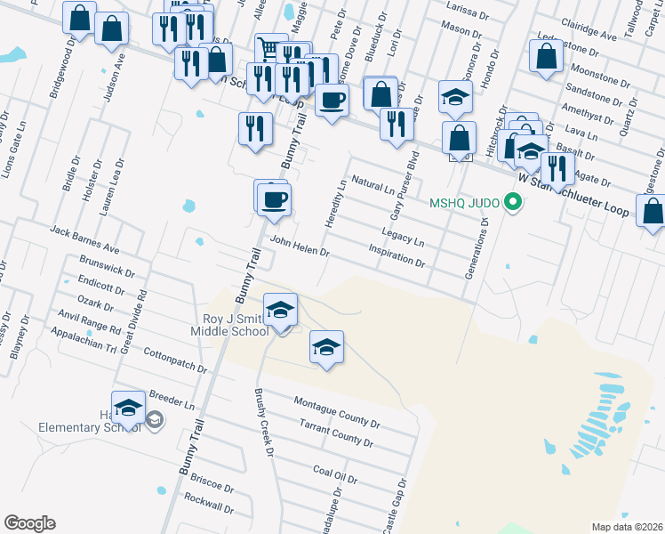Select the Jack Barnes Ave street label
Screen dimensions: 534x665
tap(84, 239)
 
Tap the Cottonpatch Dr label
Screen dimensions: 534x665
tap(174, 360)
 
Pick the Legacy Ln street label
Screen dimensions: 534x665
tap(403, 237)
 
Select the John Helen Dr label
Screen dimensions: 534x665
tap(300, 247)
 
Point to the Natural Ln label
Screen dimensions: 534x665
tap(373, 185)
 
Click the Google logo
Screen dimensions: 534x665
tap(29, 523)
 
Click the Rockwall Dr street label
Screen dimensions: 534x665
tap(209, 503)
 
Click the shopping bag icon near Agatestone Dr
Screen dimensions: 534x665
tap(653, 214)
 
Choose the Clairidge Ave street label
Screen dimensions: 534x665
tap(589, 33)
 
